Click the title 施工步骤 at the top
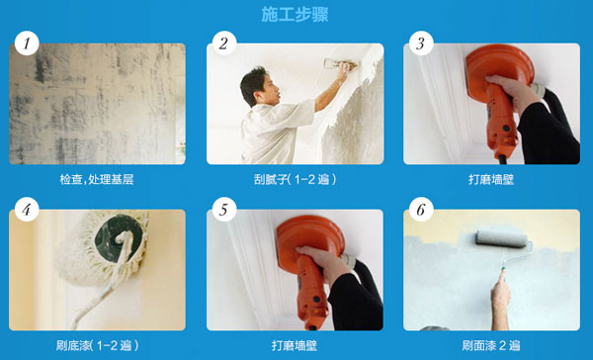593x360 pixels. point(295,15)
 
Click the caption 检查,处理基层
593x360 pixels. point(97,179)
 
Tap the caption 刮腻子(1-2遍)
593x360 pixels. point(295,179)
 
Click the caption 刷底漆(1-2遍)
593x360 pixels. point(97,345)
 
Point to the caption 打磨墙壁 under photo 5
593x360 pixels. point(295,345)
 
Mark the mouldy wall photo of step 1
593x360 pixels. point(97,104)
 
